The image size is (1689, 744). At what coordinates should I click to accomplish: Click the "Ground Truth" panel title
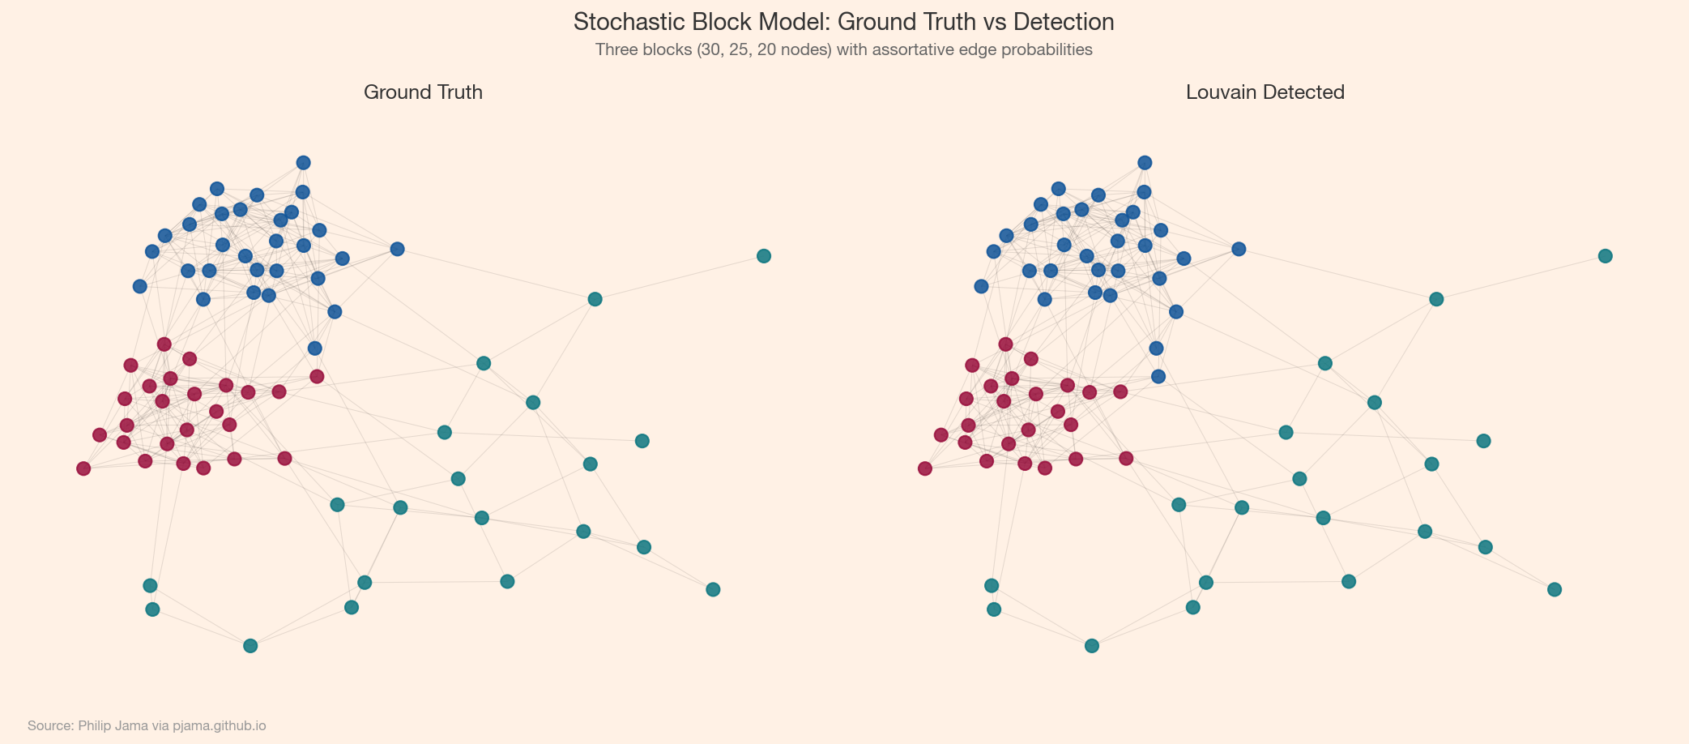pos(423,92)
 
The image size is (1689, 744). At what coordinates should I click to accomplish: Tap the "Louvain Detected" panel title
pos(1265,92)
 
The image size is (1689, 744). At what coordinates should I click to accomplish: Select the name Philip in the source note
pos(95,725)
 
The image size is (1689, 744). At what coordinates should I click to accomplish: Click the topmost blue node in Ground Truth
pos(303,163)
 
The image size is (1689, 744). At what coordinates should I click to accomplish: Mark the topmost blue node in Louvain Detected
pos(1145,163)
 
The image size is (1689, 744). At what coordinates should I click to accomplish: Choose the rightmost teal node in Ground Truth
pos(763,256)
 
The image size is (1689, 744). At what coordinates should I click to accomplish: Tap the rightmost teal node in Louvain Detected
pos(1605,256)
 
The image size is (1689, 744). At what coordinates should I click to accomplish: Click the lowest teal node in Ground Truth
pos(250,646)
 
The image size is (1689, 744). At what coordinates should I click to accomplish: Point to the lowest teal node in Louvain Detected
pos(1092,646)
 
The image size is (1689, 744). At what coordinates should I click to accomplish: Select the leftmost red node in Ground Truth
pos(83,468)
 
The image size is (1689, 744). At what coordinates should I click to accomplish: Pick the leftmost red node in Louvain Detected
pos(925,468)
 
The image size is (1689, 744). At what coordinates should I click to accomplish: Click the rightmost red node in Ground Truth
pos(317,376)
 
